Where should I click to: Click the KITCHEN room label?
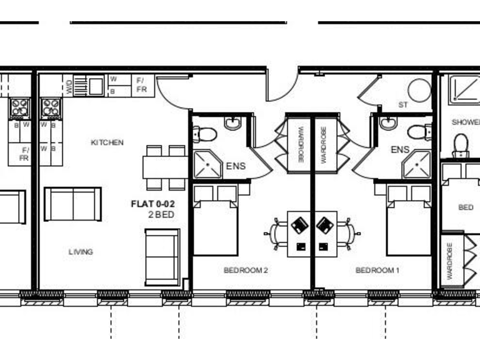[107, 142]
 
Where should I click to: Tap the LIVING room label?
[81, 252]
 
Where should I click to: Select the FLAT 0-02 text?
[152, 204]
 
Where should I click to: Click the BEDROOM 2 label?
[246, 271]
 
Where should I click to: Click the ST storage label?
[402, 105]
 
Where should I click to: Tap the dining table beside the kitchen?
[164, 167]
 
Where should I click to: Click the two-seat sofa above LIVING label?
[72, 204]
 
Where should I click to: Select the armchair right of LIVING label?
[162, 256]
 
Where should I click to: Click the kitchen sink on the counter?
[96, 85]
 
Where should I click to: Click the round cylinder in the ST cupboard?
[419, 91]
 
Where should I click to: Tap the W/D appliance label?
[69, 86]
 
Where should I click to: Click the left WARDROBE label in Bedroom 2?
[300, 144]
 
